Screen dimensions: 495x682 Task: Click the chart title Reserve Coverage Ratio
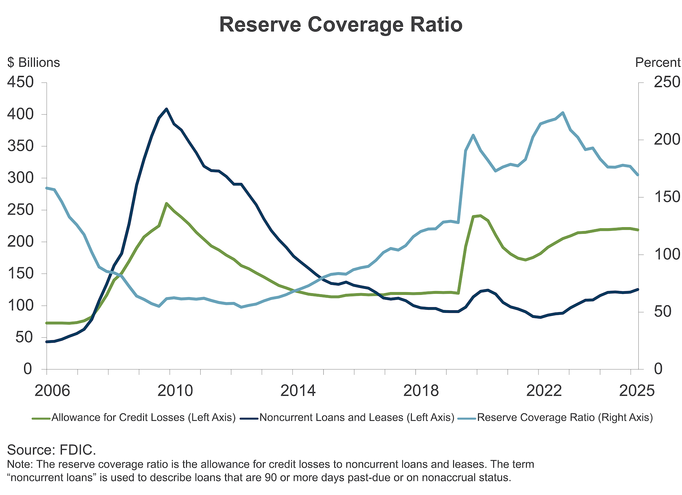tap(341, 25)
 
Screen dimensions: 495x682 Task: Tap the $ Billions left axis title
tap(34, 62)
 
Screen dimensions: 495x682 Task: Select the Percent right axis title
tap(657, 62)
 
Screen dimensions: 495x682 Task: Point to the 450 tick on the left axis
tap(21, 82)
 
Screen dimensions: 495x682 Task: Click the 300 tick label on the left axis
tap(21, 178)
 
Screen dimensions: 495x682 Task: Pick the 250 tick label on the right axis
tap(667, 82)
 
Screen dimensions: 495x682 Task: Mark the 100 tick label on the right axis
tap(667, 254)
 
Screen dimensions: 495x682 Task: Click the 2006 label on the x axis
tap(52, 391)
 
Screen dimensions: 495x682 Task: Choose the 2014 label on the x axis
tap(298, 391)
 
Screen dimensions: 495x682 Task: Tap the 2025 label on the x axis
tap(637, 391)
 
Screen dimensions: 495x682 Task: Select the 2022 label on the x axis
tap(544, 391)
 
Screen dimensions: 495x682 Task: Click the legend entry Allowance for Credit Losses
tap(144, 418)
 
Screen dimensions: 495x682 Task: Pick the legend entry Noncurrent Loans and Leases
tap(357, 418)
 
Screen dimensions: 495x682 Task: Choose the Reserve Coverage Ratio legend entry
tap(565, 418)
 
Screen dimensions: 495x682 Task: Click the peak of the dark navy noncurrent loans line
tap(167, 109)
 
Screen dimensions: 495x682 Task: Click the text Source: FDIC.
tap(52, 450)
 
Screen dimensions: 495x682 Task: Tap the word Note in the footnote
tap(20, 464)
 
